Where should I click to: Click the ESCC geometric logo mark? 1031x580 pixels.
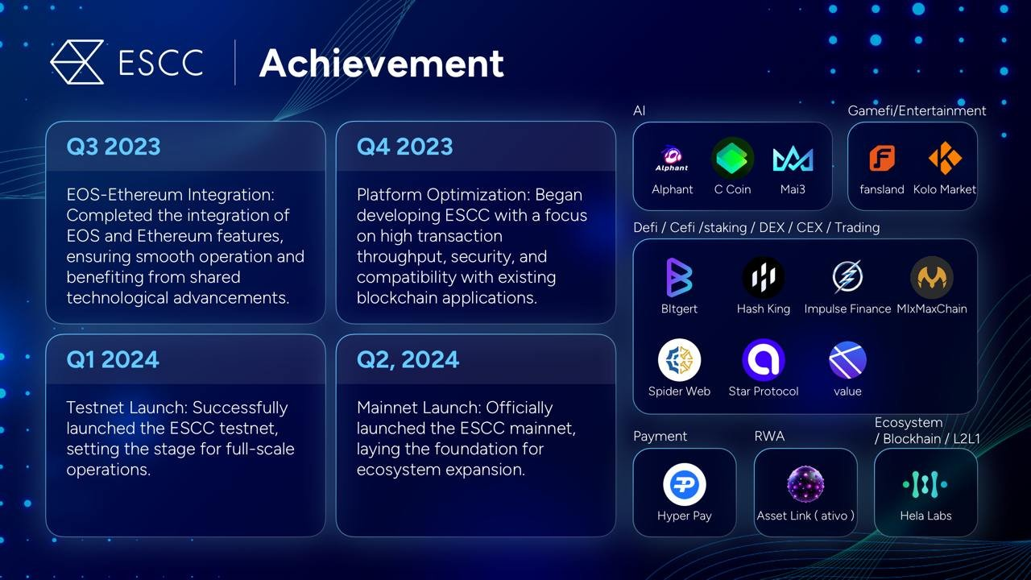coord(77,62)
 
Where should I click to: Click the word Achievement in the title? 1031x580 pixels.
coord(382,63)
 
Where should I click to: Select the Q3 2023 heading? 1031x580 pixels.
coord(114,147)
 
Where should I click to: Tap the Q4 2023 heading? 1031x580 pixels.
coord(404,147)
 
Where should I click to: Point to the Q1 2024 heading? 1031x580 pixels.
coord(113,359)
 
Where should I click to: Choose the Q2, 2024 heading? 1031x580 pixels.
coord(408,360)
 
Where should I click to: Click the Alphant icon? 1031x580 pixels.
coord(672,159)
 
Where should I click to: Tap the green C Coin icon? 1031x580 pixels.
coord(732,159)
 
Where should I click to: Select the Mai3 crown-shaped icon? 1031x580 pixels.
coord(793,159)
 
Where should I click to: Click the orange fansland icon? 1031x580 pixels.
coord(882,158)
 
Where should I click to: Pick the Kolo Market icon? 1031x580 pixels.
coord(945,158)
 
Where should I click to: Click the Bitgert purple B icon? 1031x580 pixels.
coord(679,277)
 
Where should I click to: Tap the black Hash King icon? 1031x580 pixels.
coord(763,277)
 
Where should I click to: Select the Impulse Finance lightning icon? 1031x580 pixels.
coord(847,277)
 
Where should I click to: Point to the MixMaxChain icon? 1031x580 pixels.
coord(932,277)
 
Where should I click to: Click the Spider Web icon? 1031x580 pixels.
coord(679,360)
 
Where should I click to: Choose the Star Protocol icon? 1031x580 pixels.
coord(763,360)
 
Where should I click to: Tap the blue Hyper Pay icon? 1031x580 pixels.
coord(685,484)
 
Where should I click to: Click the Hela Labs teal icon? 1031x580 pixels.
coord(925,484)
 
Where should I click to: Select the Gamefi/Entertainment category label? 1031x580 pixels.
coord(917,111)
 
